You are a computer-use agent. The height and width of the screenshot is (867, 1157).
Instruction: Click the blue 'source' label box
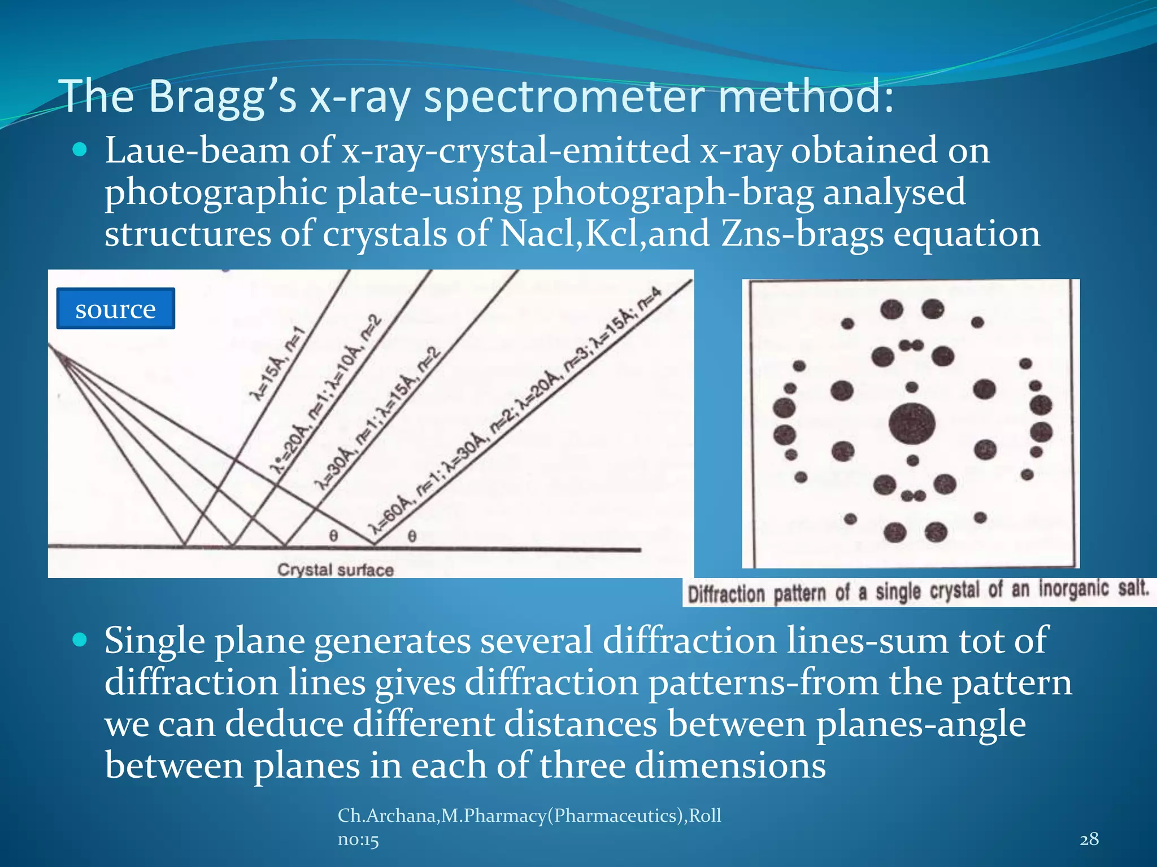pyautogui.click(x=115, y=309)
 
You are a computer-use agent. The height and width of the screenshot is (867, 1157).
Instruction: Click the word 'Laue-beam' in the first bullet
pyautogui.click(x=197, y=151)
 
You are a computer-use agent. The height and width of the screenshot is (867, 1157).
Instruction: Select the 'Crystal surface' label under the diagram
pyautogui.click(x=335, y=570)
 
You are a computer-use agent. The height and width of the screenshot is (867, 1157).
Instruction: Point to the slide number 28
pyautogui.click(x=1089, y=839)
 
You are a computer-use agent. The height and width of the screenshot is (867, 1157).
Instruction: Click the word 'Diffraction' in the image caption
pyautogui.click(x=726, y=594)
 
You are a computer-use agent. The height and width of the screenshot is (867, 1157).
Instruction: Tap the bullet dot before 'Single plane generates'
pyautogui.click(x=80, y=640)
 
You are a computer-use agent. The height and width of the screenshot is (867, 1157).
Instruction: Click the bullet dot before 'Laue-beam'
pyautogui.click(x=80, y=150)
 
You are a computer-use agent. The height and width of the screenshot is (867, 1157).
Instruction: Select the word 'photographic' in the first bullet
pyautogui.click(x=216, y=193)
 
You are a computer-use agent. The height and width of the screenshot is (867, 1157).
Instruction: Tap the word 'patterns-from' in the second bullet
pyautogui.click(x=763, y=682)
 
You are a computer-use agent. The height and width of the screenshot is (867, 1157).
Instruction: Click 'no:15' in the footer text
pyautogui.click(x=358, y=840)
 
